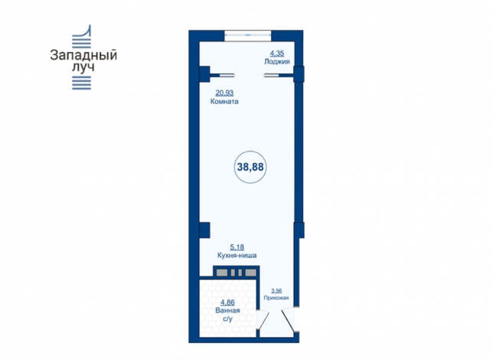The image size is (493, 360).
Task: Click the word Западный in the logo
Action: pyautogui.click(x=83, y=55)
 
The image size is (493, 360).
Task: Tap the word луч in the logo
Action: pyautogui.click(x=83, y=67)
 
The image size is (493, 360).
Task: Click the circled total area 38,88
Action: pyautogui.click(x=250, y=167)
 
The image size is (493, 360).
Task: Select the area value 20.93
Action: pyautogui.click(x=224, y=93)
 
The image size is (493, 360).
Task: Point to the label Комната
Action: pyautogui.click(x=224, y=102)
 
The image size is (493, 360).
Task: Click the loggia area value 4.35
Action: pyautogui.click(x=277, y=53)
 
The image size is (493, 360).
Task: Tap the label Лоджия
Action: pyautogui.click(x=276, y=62)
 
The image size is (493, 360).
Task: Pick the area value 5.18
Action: pyautogui.click(x=237, y=247)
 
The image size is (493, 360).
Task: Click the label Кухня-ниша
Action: pyautogui.click(x=237, y=255)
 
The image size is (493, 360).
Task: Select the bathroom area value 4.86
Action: pyautogui.click(x=227, y=303)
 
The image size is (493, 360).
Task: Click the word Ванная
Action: pyautogui.click(x=227, y=310)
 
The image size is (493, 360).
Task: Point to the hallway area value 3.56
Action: pyautogui.click(x=276, y=291)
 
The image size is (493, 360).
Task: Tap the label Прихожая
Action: pyautogui.click(x=276, y=298)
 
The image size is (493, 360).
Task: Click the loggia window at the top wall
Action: pyautogui.click(x=248, y=35)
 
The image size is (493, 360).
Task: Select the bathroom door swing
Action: pyautogui.click(x=263, y=319)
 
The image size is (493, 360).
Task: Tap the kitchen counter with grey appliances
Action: pyautogui.click(x=236, y=273)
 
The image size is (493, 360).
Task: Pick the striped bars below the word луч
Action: pyautogui.click(x=81, y=83)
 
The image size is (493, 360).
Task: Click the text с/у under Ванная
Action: pyautogui.click(x=227, y=319)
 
